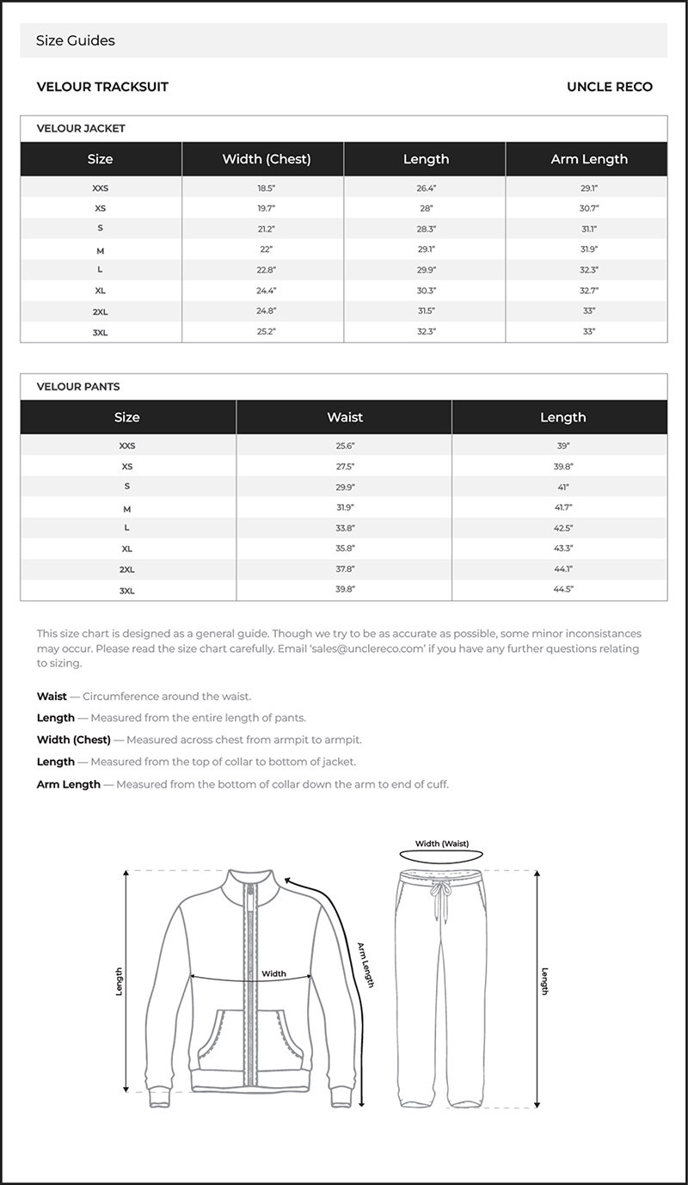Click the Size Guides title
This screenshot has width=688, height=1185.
pyautogui.click(x=76, y=40)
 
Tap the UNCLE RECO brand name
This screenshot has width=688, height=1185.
pyautogui.click(x=609, y=87)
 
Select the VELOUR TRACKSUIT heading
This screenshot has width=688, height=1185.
pyautogui.click(x=102, y=87)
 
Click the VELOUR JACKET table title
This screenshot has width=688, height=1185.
pyautogui.click(x=81, y=128)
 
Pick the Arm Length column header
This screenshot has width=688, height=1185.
pyautogui.click(x=588, y=159)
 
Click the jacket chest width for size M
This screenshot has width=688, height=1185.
pyautogui.click(x=266, y=249)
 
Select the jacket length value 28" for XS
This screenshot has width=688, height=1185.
pyautogui.click(x=427, y=208)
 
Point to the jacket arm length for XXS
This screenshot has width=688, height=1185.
pyautogui.click(x=588, y=187)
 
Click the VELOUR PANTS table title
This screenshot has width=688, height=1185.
pyautogui.click(x=77, y=387)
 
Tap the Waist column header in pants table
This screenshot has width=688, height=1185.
pyautogui.click(x=345, y=417)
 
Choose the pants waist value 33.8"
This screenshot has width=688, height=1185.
pyautogui.click(x=345, y=528)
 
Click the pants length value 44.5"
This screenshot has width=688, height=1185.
pyautogui.click(x=564, y=590)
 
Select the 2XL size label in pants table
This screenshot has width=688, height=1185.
pyautogui.click(x=126, y=569)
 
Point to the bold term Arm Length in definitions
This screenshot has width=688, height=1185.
pyautogui.click(x=68, y=784)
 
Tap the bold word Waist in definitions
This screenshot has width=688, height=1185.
pyautogui.click(x=52, y=697)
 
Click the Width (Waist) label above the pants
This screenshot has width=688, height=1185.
pyautogui.click(x=441, y=844)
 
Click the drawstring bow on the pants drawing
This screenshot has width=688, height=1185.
pyautogui.click(x=442, y=894)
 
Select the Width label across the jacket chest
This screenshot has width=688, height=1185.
pyautogui.click(x=273, y=973)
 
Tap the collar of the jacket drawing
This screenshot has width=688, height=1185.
pyautogui.click(x=250, y=886)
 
